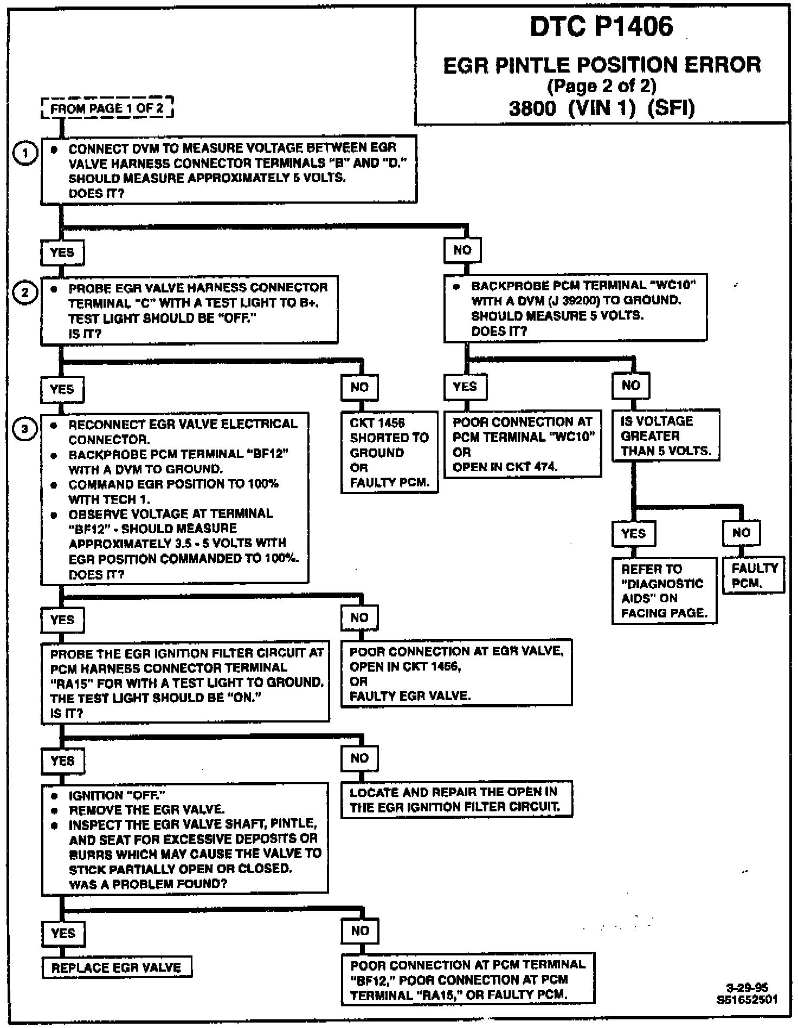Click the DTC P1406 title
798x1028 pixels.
tap(601, 27)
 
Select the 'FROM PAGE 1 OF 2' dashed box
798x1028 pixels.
tap(107, 108)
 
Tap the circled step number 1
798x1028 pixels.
tap(25, 154)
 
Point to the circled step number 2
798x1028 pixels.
tap(25, 293)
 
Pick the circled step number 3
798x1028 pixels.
tap(25, 430)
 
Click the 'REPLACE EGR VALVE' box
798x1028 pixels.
tap(117, 967)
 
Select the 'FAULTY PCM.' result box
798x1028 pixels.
tap(754, 575)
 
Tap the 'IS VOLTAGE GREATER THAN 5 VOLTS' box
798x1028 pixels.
tap(666, 436)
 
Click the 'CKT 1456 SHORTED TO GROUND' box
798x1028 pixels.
tap(389, 452)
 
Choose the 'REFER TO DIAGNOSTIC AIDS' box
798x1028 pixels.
tap(664, 591)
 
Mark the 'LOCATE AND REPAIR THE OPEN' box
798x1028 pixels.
tap(456, 799)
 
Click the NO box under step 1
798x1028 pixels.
tap(462, 250)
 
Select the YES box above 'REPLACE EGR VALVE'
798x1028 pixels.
tap(63, 933)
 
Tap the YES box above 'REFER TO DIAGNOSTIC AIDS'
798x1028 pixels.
tap(633, 533)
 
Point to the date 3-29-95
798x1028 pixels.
tap(746, 987)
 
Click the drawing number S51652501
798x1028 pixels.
tap(746, 999)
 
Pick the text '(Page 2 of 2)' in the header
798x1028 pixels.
tap(602, 86)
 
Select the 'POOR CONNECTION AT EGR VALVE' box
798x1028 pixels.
tap(456, 673)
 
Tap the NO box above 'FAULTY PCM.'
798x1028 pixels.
tap(741, 532)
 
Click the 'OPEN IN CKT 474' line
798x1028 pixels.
tap(505, 467)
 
